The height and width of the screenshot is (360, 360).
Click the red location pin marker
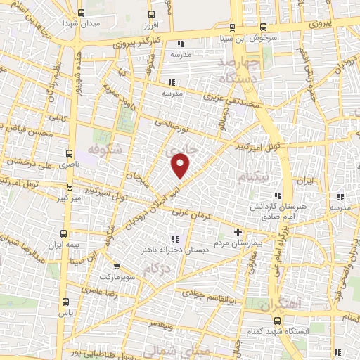pos(181,166)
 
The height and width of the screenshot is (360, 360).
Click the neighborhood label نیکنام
pos(252,176)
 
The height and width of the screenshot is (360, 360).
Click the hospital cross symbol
pos(238,232)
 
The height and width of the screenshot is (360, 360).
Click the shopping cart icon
pos(117,266)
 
